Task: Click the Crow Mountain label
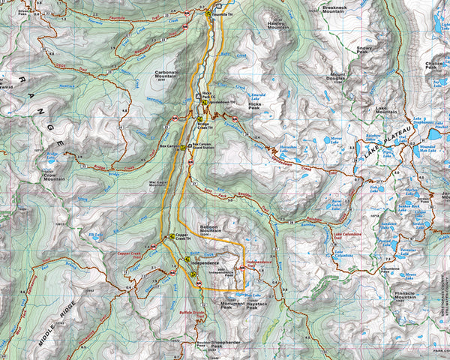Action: pyautogui.click(x=54, y=178)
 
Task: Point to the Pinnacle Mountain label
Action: pyautogui.click(x=405, y=296)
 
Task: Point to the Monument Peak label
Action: pyautogui.click(x=227, y=304)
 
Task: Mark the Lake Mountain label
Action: pyautogui.click(x=385, y=111)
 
